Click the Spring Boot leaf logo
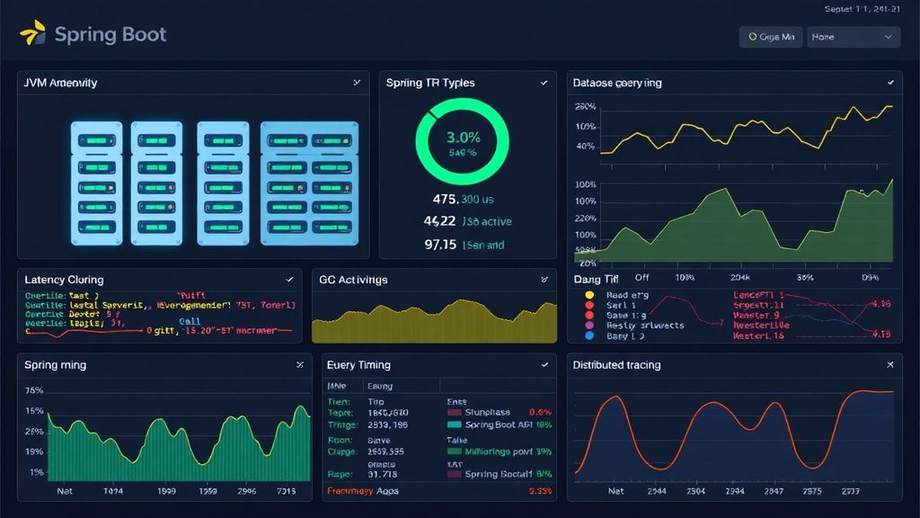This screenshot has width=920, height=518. point(32,34)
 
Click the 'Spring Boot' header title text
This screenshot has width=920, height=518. point(110,35)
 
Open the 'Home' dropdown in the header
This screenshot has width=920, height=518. point(853,37)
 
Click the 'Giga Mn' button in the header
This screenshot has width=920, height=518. point(770,37)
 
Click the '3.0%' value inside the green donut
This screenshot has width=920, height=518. point(463,138)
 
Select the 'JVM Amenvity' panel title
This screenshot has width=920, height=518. point(61,83)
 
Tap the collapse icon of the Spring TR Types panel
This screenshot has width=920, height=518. point(544,83)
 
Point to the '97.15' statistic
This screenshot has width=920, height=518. point(441,244)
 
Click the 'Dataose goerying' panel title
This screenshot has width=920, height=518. point(617,83)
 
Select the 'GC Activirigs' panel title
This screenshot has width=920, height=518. point(353,280)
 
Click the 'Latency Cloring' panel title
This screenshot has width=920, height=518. point(64,280)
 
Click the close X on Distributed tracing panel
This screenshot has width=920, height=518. point(890,365)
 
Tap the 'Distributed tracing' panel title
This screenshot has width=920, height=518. point(616,365)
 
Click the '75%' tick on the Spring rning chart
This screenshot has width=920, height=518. point(34,391)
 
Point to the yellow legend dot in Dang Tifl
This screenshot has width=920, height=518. point(589,294)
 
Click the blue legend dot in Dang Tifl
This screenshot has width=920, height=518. point(589,335)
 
